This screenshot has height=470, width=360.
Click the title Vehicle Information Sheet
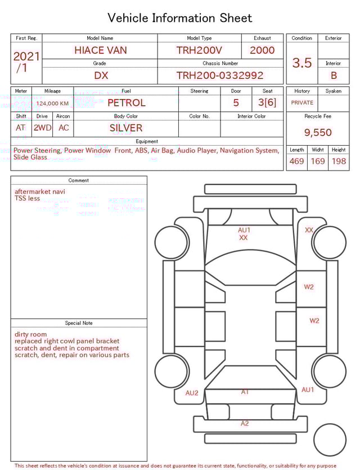click(180, 18)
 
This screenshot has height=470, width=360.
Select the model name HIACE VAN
click(101, 50)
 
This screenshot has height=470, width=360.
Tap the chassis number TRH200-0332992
click(220, 75)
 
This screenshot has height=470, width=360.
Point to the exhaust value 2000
click(262, 50)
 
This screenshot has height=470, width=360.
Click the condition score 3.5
click(302, 63)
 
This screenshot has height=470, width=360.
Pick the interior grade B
click(334, 75)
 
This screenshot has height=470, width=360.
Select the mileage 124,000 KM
click(52, 104)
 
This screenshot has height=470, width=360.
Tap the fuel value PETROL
click(126, 103)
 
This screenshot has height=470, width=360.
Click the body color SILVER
click(126, 128)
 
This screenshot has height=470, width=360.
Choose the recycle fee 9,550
click(318, 133)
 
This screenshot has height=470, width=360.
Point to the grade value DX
click(101, 75)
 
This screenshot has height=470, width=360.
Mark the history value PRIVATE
click(302, 103)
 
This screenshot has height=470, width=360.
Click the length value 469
click(296, 162)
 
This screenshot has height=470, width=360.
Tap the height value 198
click(339, 162)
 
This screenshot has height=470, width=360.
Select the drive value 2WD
click(42, 128)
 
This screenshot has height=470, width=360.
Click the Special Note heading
click(79, 323)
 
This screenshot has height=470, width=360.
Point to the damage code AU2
click(192, 393)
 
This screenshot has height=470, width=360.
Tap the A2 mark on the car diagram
click(245, 423)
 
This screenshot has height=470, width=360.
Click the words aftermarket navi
click(40, 191)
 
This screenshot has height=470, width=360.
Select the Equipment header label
click(147, 141)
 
